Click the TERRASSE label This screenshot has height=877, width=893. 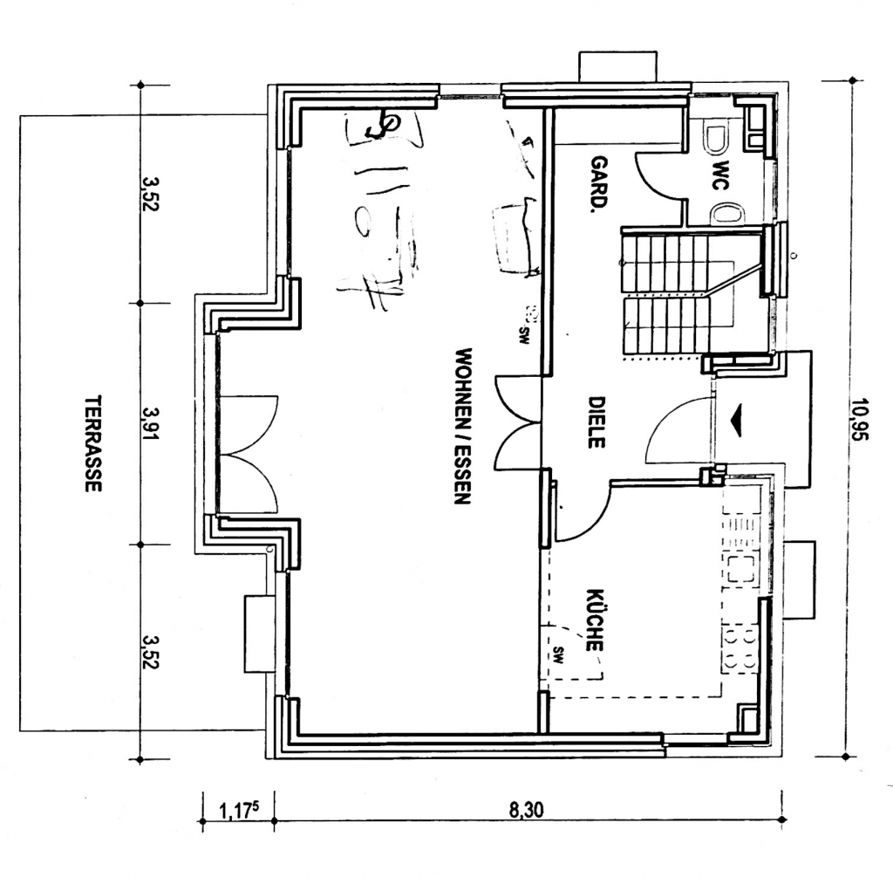92,444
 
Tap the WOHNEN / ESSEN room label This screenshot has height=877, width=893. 462,426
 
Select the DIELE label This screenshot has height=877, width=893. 596,422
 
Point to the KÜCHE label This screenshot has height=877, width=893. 595,620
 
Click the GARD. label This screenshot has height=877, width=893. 599,184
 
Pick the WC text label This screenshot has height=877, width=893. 721,175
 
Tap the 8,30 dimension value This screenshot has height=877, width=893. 526,810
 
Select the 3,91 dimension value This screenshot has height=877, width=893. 151,423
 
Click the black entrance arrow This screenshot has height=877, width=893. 736,420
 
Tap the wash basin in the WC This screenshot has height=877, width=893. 727,215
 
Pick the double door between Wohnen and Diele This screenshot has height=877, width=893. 518,422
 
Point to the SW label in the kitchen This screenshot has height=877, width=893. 557,654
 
